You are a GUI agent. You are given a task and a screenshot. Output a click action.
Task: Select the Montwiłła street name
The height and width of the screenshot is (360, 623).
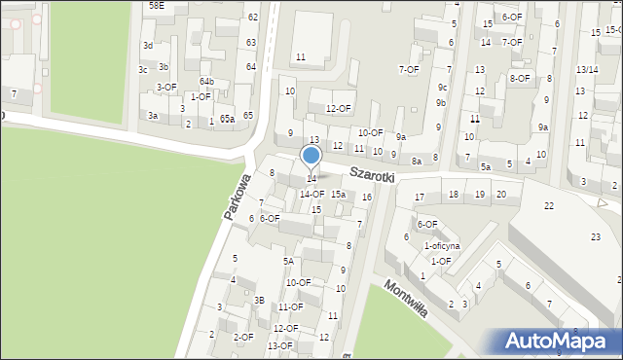tap(406, 302)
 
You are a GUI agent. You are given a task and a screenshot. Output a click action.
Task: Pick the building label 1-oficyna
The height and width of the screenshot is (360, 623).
tap(441, 246)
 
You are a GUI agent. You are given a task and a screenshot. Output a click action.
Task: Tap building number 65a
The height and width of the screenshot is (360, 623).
tap(228, 119)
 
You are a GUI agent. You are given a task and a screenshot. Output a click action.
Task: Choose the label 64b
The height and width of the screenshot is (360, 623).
tap(206, 81)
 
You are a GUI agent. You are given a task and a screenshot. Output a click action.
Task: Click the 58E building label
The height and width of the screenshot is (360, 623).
tap(157, 6)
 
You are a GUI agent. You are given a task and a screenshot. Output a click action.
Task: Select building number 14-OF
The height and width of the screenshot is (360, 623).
tap(311, 195)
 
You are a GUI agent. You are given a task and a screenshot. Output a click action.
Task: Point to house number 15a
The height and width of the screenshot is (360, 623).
tap(338, 195)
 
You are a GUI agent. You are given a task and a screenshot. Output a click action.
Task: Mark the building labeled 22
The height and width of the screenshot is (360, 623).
tap(549, 205)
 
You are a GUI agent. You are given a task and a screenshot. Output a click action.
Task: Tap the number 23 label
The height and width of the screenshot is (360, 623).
tap(596, 237)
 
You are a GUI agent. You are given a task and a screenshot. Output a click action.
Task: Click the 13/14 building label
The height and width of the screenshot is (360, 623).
tap(587, 69)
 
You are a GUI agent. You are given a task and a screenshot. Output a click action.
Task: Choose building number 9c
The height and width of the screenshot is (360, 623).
tap(442, 87)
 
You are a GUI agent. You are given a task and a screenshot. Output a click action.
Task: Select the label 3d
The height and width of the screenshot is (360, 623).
tap(148, 46)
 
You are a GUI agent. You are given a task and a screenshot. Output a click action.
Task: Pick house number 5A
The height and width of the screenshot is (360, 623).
tap(288, 261)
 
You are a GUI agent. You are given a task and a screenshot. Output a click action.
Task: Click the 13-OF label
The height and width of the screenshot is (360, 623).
tap(280, 345)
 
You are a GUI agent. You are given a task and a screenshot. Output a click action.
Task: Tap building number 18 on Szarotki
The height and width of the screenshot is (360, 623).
tap(454, 195)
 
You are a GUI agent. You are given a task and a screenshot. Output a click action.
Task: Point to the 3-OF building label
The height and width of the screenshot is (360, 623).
tap(166, 87)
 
